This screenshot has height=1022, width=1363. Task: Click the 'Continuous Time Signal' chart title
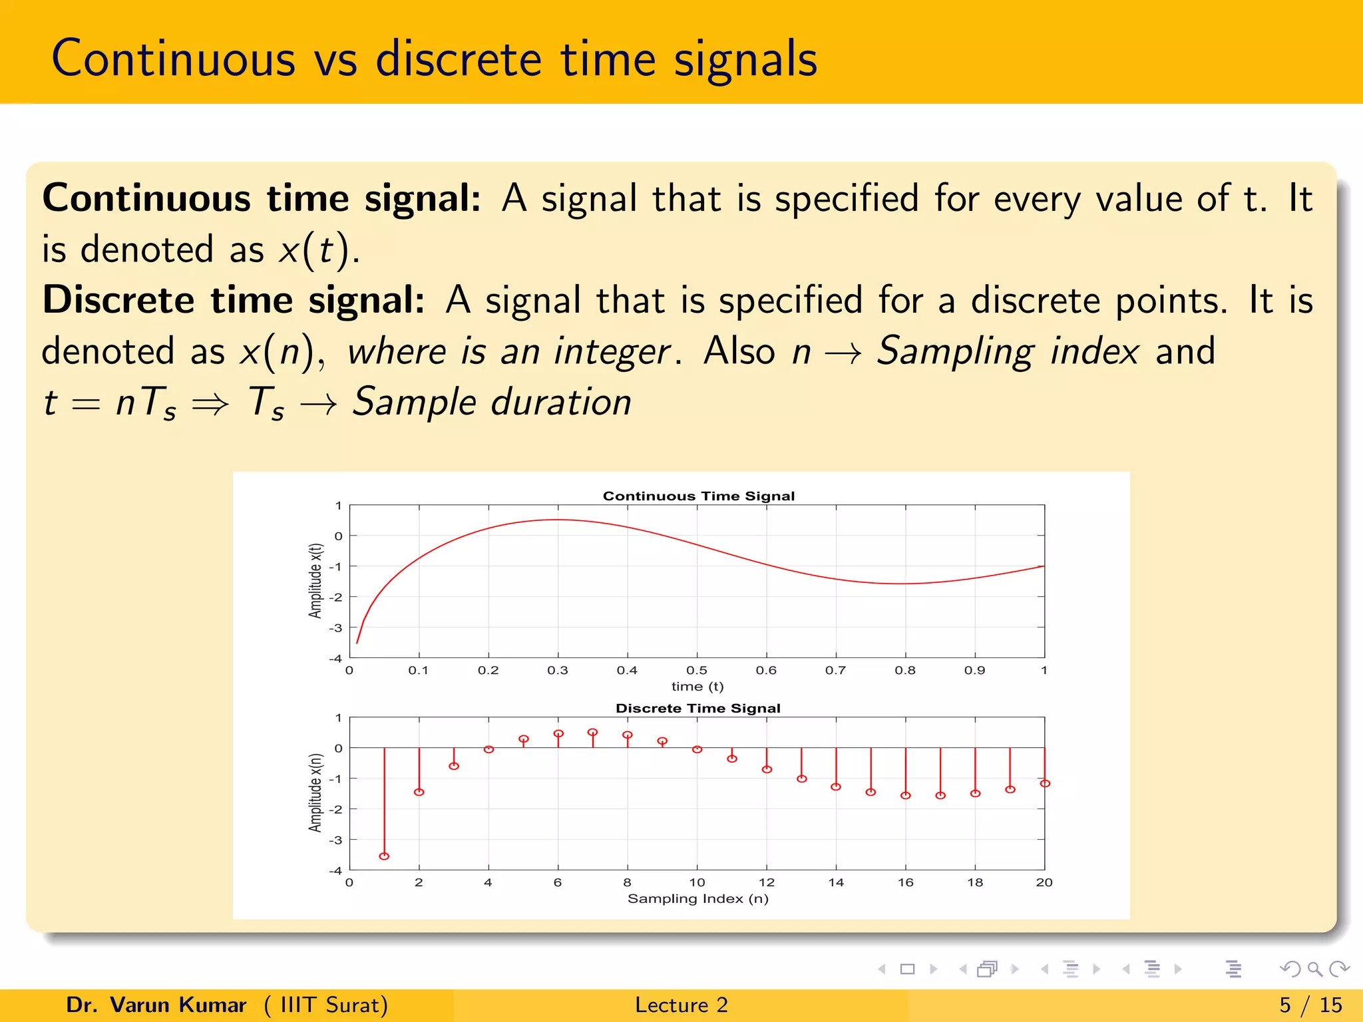click(698, 496)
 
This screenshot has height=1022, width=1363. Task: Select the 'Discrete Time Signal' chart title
click(697, 708)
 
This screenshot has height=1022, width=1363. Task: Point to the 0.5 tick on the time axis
click(697, 670)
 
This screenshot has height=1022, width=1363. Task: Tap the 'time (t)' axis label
click(697, 686)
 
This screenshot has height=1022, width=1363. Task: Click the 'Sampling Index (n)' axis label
click(697, 898)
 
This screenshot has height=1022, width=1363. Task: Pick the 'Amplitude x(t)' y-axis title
click(315, 581)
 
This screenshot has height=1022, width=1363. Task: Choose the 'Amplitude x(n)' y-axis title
click(315, 792)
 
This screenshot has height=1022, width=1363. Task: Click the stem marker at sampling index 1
click(384, 856)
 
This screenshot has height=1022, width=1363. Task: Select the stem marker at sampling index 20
click(1045, 783)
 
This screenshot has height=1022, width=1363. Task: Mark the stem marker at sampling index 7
click(592, 733)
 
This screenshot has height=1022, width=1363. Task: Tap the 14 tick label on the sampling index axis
click(836, 882)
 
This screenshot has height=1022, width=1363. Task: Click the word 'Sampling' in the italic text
click(955, 351)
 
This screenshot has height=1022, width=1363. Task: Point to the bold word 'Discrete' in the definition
click(118, 300)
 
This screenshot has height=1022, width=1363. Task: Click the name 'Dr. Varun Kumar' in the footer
click(156, 1005)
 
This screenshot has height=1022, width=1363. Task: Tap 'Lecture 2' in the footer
click(681, 1005)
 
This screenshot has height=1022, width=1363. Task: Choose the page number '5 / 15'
click(1310, 1005)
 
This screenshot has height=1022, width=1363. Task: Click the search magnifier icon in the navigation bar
click(1314, 969)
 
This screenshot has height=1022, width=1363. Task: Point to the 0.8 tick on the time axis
click(905, 670)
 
